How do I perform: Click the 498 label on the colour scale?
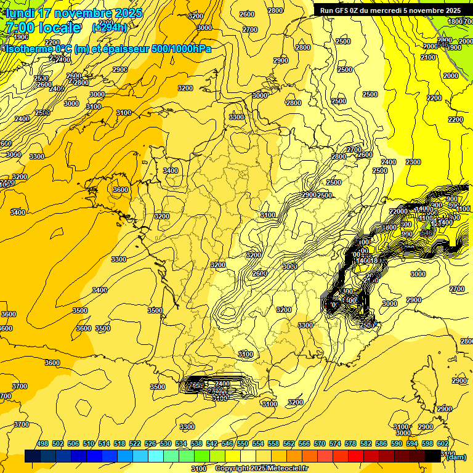click(42, 443)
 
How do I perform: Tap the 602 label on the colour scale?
click(442, 443)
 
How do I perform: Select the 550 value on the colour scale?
click(243, 443)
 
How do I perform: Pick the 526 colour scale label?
click(150, 443)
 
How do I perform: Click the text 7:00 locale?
click(42, 28)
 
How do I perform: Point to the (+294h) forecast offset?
click(109, 28)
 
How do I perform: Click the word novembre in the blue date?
click(83, 13)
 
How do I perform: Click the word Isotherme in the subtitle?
click(28, 49)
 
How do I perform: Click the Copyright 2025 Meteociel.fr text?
click(262, 469)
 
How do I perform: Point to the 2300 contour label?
click(413, 162)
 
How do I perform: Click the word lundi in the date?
click(19, 13)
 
